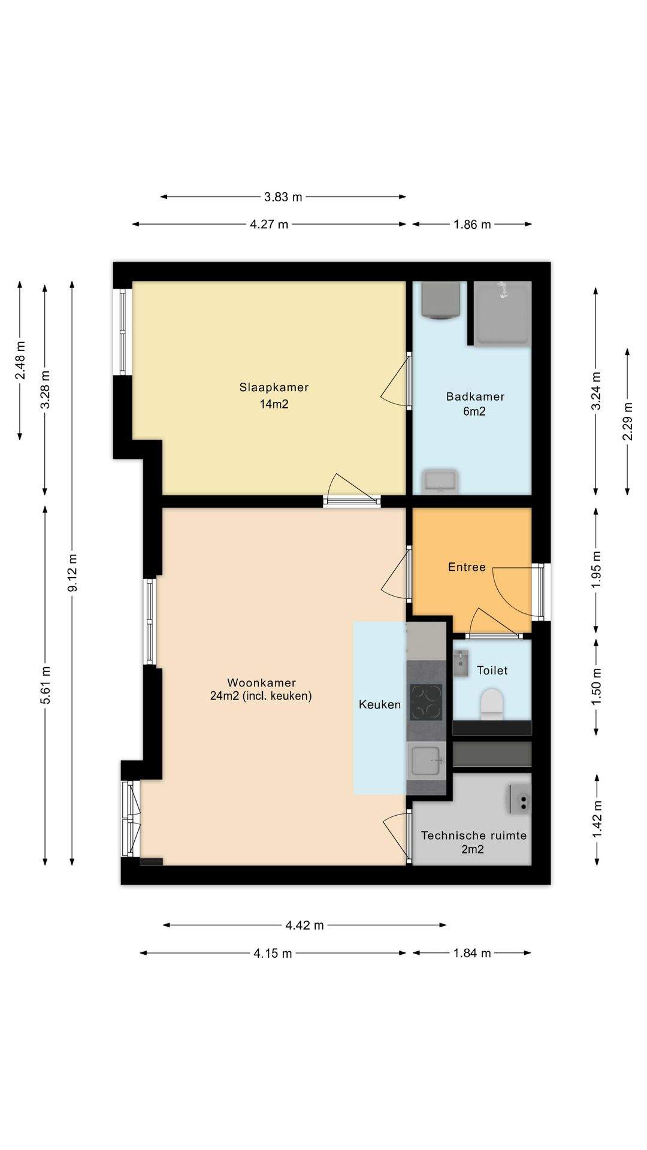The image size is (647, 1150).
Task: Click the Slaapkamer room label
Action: click(274, 387)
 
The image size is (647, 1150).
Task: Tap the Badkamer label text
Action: click(475, 397)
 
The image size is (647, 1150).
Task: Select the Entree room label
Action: click(467, 567)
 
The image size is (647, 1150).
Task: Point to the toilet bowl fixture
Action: click(491, 704)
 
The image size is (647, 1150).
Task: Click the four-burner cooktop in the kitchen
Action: click(426, 702)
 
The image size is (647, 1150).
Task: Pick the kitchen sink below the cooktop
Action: click(427, 761)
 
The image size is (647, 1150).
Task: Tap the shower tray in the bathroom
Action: click(503, 313)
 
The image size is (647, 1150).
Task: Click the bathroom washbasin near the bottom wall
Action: click(440, 482)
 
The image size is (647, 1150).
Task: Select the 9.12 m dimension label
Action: click(72, 573)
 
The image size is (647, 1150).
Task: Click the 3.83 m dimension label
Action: click(283, 196)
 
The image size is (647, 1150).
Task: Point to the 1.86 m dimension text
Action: click(472, 225)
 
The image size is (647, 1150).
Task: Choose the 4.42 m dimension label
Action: click(304, 925)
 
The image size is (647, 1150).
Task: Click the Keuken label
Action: click(380, 704)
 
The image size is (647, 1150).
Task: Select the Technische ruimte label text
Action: click(474, 836)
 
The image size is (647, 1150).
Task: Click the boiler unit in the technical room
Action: click(520, 799)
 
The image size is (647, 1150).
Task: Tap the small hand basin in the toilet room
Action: click(461, 663)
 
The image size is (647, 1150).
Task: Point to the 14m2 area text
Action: click(274, 404)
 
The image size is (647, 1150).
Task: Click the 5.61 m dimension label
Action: click(46, 686)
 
